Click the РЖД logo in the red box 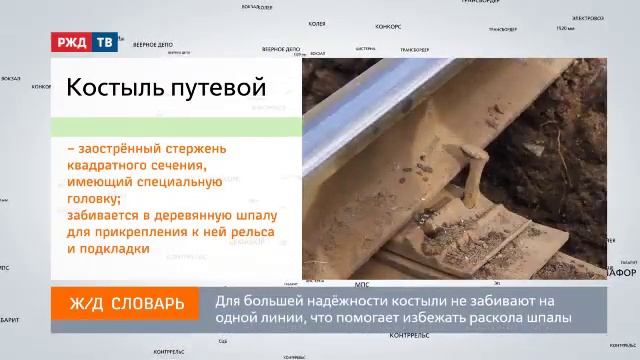click(73, 44)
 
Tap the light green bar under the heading click(176, 126)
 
